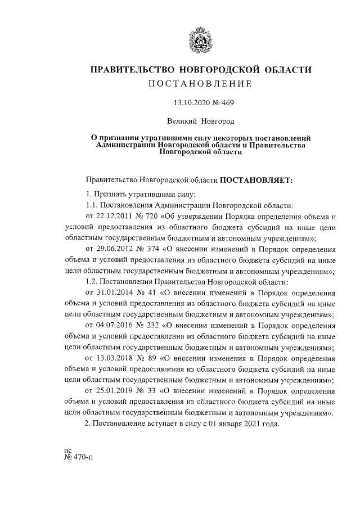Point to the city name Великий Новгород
201,120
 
